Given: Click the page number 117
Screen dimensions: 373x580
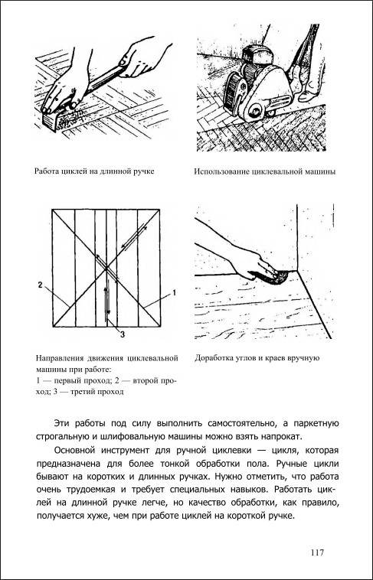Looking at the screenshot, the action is click(x=317, y=552).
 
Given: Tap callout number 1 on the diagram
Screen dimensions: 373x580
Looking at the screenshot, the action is click(x=173, y=293).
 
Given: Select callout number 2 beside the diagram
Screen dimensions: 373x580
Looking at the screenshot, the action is click(x=40, y=285).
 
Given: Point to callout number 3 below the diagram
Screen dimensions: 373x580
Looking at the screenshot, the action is click(x=122, y=334).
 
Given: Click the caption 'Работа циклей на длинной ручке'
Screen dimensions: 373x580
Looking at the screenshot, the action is click(x=94, y=171).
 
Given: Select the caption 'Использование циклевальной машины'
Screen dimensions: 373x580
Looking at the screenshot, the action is click(x=265, y=172).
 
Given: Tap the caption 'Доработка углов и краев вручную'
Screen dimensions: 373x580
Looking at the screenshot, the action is click(x=257, y=357).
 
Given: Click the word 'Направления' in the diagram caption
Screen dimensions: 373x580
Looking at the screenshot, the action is click(x=60, y=358).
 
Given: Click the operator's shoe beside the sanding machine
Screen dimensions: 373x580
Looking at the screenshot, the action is click(x=307, y=96).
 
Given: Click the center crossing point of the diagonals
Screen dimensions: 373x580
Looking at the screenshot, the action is click(x=106, y=268).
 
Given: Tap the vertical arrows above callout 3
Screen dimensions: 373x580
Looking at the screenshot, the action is click(x=106, y=299).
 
